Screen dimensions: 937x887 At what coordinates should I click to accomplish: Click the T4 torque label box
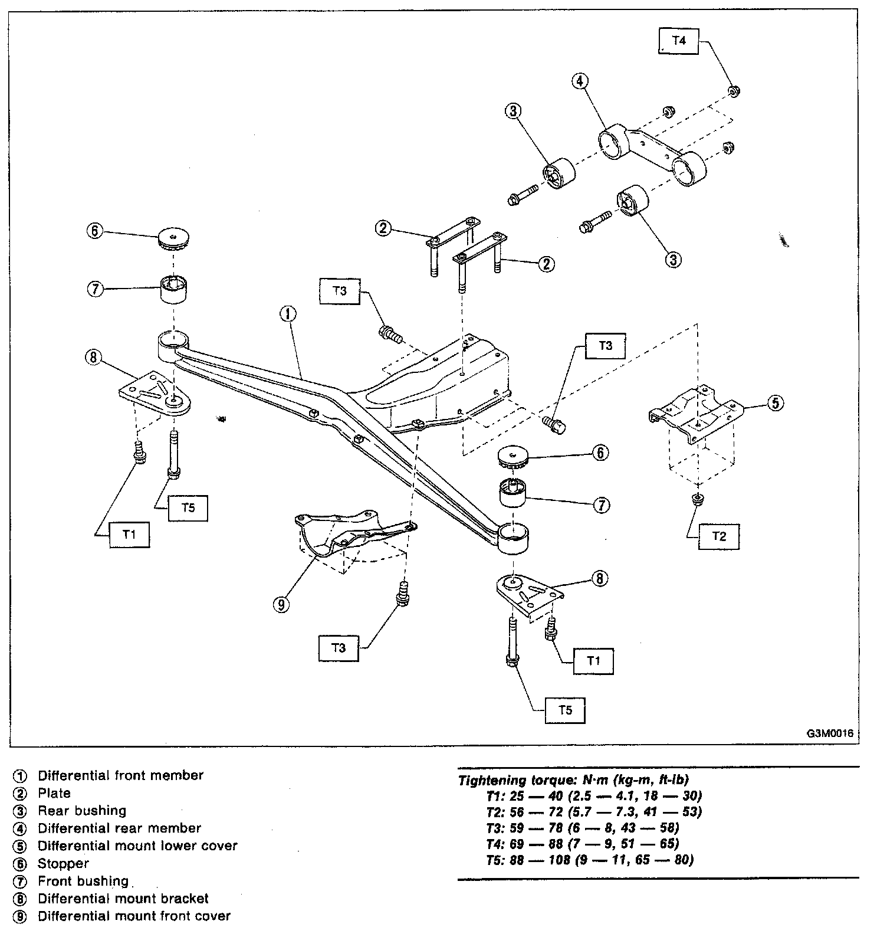coord(679,41)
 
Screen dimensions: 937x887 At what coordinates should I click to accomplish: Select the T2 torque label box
coord(718,536)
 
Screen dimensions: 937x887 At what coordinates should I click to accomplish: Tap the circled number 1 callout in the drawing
coord(288,314)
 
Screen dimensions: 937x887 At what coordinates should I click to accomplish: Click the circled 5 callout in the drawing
coord(776,403)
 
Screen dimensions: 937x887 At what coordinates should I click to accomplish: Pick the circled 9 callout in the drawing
coord(282,605)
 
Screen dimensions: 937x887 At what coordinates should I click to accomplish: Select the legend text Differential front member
coord(120,775)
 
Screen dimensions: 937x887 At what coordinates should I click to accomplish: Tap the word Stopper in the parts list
coord(63,863)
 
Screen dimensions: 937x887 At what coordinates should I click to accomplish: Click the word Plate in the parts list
coord(54,793)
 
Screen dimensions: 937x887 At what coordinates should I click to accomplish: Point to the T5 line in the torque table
coord(590,860)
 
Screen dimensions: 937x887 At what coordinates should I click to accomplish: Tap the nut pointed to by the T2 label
coord(697,500)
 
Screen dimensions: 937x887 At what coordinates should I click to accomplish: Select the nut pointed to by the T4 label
coord(734,91)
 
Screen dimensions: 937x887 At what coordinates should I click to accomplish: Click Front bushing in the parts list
coord(83,881)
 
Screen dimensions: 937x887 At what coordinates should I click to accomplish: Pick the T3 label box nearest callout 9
coord(338,648)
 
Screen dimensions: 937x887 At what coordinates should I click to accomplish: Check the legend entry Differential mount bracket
coord(123,899)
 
